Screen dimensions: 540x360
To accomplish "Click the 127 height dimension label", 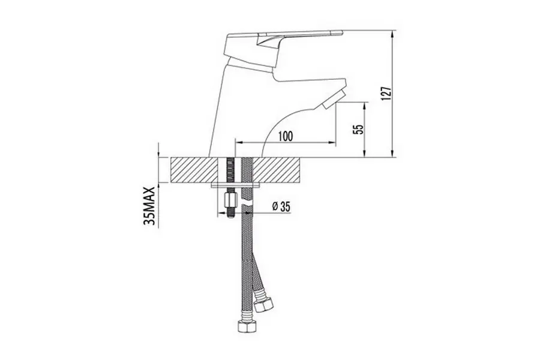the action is click(x=387, y=93).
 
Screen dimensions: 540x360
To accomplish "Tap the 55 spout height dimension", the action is click(x=359, y=129).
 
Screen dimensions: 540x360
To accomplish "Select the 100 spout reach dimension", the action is click(x=286, y=136).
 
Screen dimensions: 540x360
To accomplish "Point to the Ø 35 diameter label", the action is click(x=281, y=206).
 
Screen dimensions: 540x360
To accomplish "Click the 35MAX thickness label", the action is click(x=148, y=206).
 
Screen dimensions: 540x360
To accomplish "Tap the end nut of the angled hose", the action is click(x=264, y=305).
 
